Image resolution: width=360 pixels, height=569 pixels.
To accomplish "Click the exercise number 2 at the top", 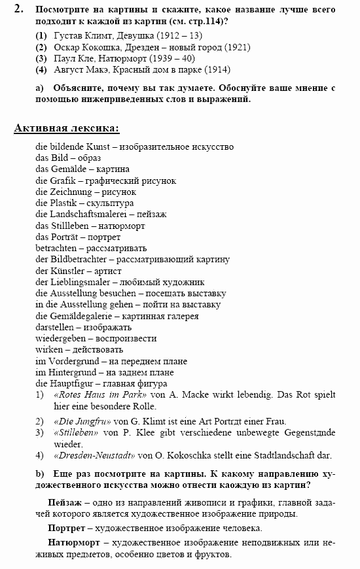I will click(x=18, y=9).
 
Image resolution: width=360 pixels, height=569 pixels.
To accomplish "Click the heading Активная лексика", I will click(x=67, y=128).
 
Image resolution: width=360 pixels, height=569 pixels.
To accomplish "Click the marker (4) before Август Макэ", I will click(x=41, y=69).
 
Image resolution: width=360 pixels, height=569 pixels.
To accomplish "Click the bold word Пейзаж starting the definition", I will click(x=64, y=502).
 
